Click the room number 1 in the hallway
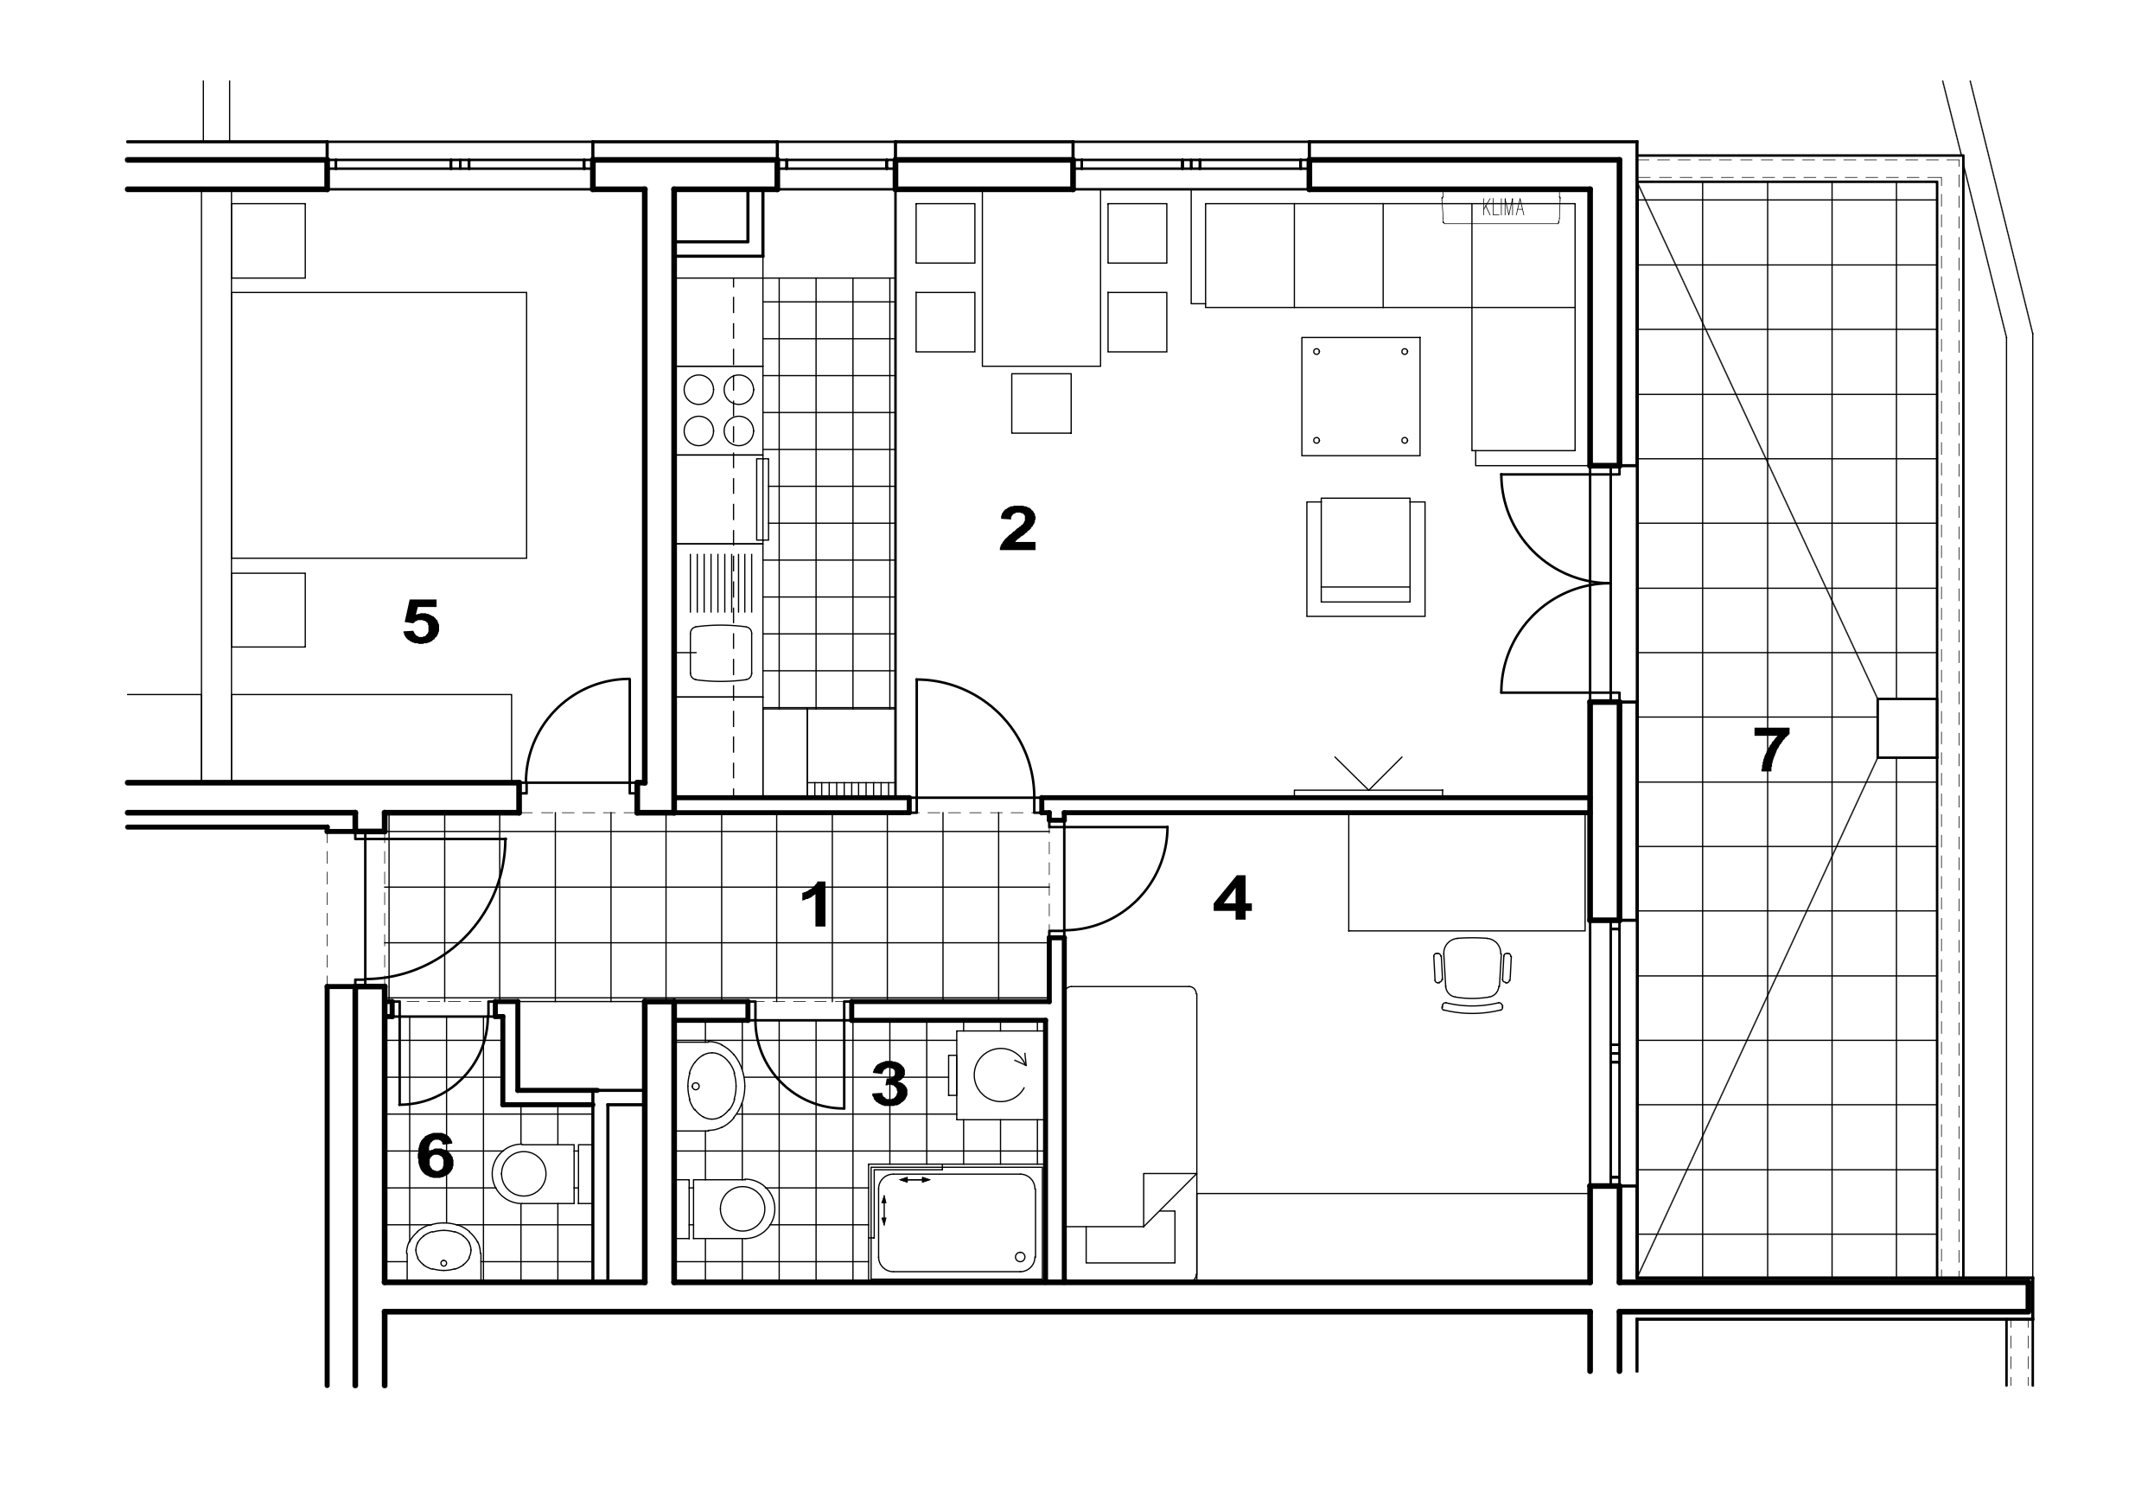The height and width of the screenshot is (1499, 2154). coord(816,905)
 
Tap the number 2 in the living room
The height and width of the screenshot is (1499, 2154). coord(1018,529)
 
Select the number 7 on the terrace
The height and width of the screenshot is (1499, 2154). coord(1771,749)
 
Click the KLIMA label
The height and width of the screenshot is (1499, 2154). coord(1503,208)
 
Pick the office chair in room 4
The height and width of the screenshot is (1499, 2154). coord(1472,974)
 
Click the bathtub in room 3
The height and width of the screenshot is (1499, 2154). coord(957,1222)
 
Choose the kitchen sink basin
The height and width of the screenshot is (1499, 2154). coord(721,653)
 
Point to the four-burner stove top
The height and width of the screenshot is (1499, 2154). coord(719,410)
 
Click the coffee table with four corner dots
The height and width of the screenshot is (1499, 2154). coord(1361,397)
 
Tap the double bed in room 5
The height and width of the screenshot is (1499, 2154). coord(379,425)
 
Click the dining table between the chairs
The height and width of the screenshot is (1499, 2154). coord(1042,277)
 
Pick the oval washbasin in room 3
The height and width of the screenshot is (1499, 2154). coord(713,1085)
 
